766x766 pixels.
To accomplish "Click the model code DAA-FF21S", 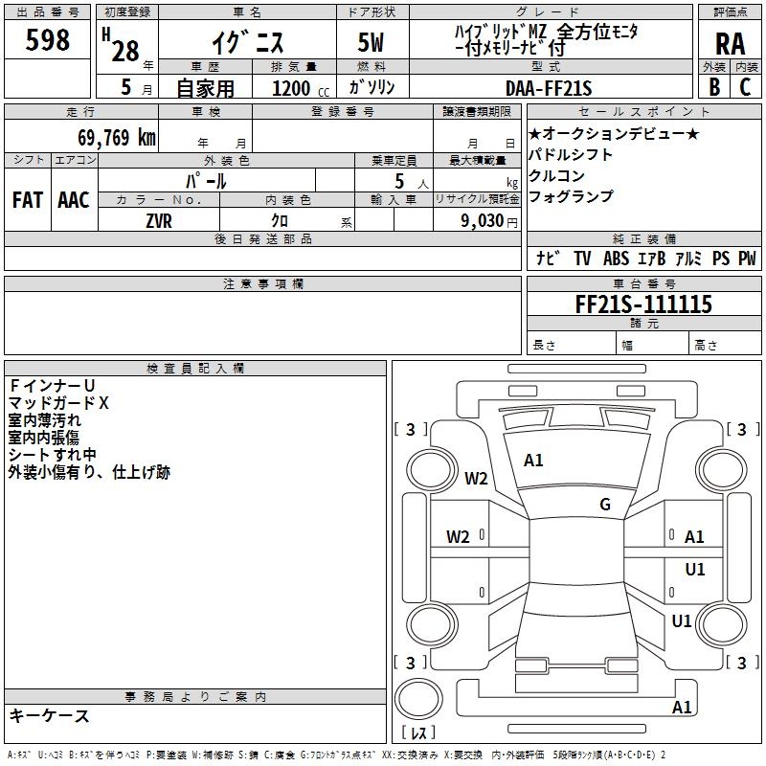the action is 550,87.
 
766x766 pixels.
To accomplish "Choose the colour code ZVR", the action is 159,219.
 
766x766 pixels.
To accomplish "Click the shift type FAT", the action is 27,199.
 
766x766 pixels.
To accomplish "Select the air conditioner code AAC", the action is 73,199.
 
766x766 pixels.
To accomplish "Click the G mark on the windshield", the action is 604,504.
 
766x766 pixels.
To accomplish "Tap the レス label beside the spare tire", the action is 418,733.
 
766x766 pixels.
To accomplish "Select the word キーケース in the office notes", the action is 50,715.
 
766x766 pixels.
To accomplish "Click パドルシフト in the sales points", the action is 571,154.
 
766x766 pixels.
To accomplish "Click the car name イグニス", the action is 246,42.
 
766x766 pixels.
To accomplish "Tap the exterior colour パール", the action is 206,180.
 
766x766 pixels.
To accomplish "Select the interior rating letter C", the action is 745,87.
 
